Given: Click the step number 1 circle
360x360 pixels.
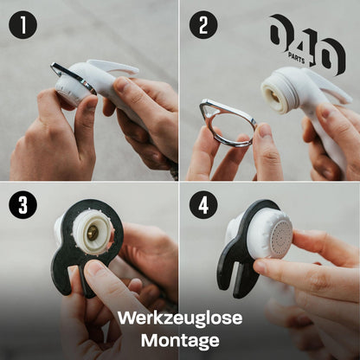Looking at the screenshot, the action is [x=22, y=24].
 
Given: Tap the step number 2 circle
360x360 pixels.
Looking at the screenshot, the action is [x=203, y=24].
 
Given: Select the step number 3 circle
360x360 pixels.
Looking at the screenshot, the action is [x=22, y=204].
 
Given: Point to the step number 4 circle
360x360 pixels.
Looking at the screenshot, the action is [x=203, y=204].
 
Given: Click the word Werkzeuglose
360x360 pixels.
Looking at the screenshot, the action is [x=180, y=318].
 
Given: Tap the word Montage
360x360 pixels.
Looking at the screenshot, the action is [x=180, y=340].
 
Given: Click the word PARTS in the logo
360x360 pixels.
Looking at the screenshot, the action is [x=296, y=58].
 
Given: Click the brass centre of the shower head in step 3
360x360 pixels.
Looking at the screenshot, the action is [x=93, y=233].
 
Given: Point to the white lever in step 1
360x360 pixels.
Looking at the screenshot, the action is [x=112, y=67].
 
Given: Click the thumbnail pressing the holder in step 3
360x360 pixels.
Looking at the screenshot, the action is [x=93, y=269].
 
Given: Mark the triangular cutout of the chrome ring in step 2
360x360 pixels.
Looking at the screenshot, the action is [x=211, y=109].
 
